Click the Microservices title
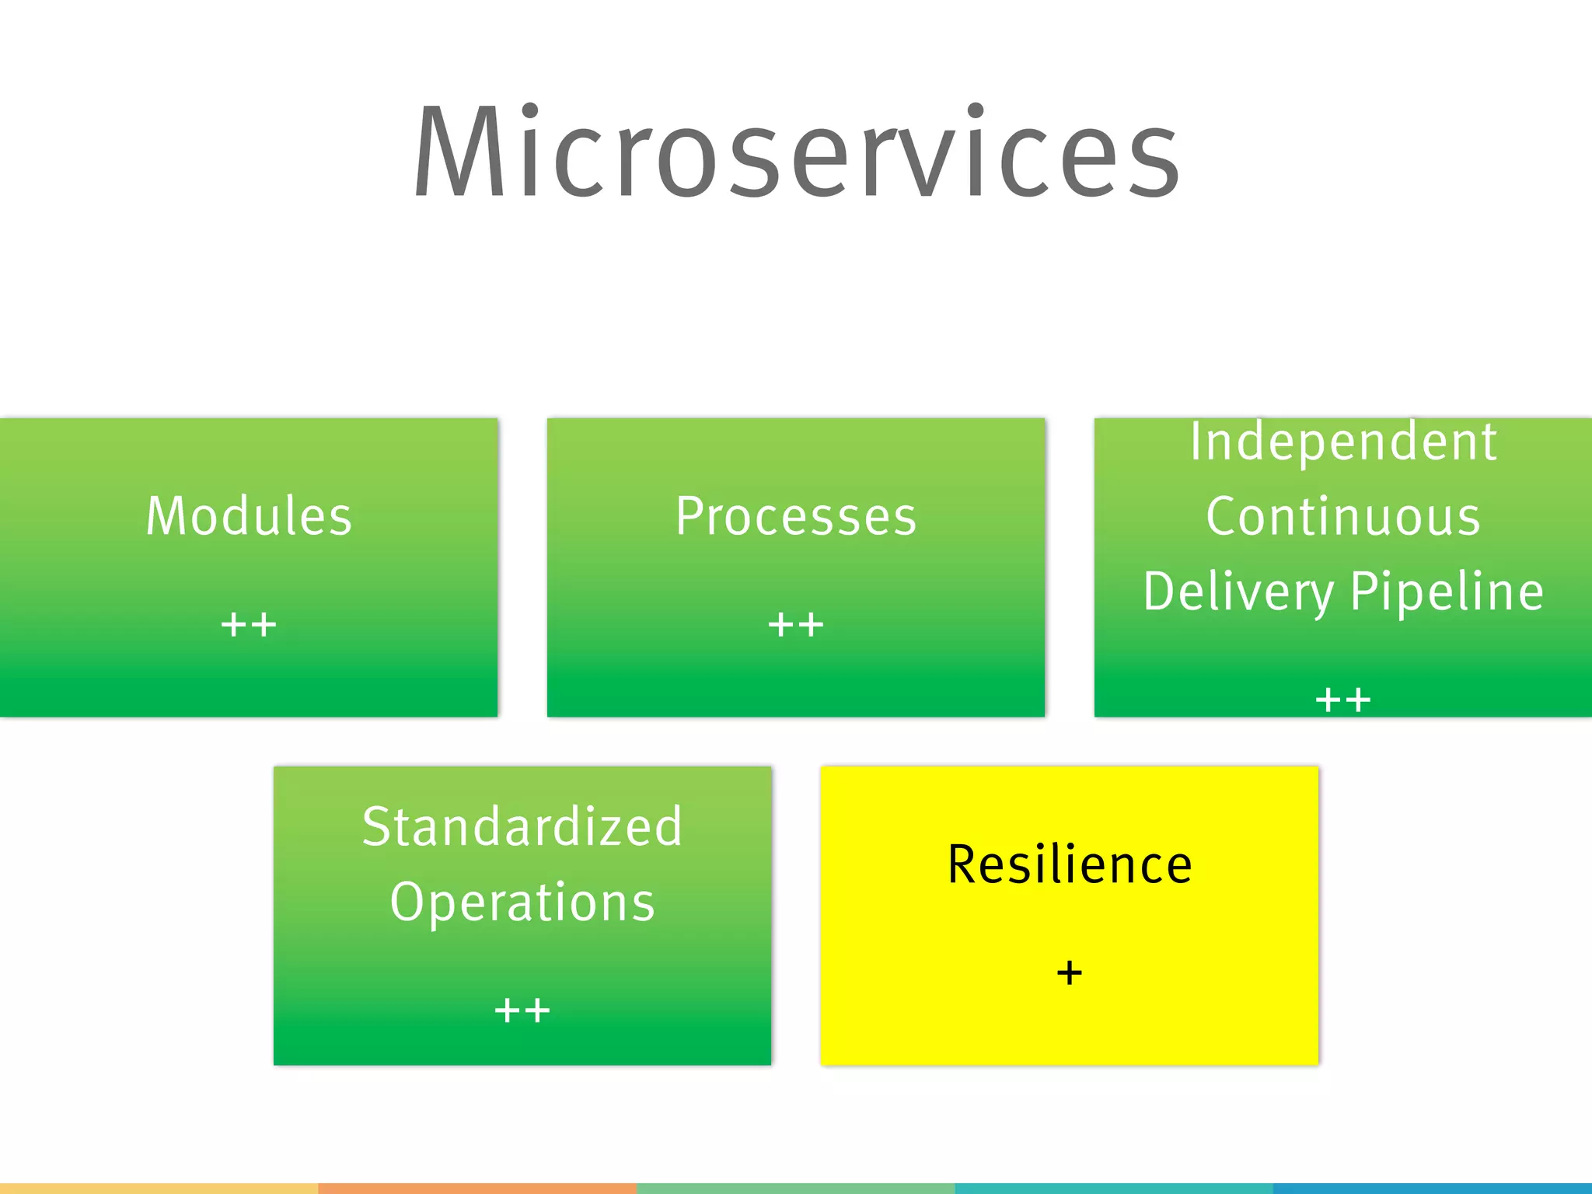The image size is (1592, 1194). [796, 152]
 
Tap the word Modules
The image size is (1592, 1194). [249, 516]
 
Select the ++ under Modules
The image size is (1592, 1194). [249, 624]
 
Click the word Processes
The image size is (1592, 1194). [796, 516]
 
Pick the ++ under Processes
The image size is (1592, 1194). [796, 624]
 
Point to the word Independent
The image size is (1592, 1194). [1343, 442]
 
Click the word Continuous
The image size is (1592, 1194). [1343, 516]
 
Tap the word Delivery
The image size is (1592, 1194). [1238, 592]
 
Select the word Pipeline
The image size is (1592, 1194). [1447, 592]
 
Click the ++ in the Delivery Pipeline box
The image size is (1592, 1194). [1343, 700]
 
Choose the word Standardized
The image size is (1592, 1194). [522, 826]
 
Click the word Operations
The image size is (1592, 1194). [522, 902]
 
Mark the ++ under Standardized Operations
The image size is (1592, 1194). [522, 1011]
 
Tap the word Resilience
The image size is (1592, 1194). [1070, 864]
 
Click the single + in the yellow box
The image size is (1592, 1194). [1070, 972]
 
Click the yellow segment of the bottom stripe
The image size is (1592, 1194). [159, 1189]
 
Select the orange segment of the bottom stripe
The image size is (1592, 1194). [477, 1189]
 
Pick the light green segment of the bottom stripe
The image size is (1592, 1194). [796, 1189]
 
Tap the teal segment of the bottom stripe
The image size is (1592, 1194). [1114, 1189]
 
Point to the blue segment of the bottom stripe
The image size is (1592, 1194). [1433, 1189]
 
